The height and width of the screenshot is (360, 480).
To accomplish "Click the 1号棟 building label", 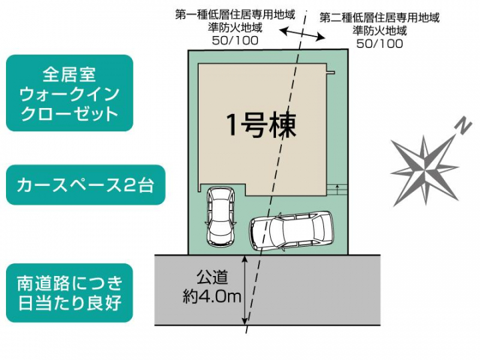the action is [261, 125].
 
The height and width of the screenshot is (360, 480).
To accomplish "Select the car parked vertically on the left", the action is [221, 217].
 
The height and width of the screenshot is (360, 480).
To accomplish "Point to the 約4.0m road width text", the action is [212, 296].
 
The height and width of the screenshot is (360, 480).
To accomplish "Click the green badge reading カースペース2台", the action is [85, 185].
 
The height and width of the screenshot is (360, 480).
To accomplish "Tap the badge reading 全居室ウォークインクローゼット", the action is [69, 93].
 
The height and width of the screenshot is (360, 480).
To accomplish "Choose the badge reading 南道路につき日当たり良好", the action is [69, 293].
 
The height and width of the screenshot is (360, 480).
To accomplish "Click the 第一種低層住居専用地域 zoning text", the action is [235, 15].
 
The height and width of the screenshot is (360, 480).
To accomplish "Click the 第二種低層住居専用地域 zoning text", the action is [379, 18].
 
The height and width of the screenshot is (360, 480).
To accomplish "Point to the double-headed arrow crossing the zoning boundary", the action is [303, 33].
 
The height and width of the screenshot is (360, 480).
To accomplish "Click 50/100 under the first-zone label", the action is [235, 41].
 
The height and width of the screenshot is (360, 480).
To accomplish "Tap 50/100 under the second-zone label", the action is [379, 44].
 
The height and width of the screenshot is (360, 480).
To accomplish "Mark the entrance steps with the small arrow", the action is [337, 190].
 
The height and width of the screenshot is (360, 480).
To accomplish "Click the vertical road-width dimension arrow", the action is [245, 289].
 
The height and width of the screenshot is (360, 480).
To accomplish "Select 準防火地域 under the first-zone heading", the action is [235, 27].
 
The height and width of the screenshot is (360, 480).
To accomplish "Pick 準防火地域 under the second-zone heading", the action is [379, 31].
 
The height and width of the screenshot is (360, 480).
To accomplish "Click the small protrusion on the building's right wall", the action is [331, 73].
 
